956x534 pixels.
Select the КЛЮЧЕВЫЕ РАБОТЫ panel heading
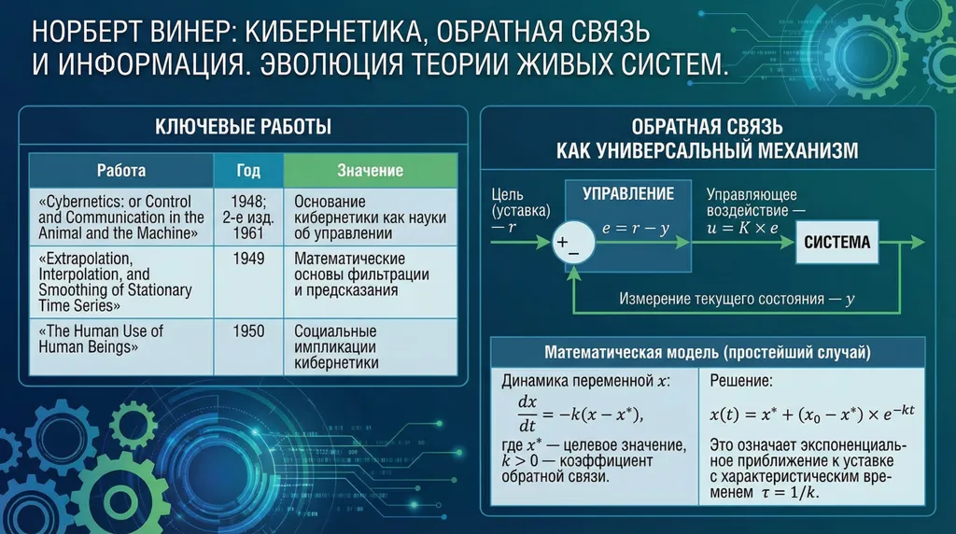pos(242,128)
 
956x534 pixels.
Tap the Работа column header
pos(121,171)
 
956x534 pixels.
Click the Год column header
pos(247,171)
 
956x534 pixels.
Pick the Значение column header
pos(370,171)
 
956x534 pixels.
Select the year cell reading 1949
pos(247,259)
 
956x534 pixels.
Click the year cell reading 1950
pos(247,331)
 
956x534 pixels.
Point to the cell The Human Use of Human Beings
pos(101,339)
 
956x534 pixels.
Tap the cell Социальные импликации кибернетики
pos(336,347)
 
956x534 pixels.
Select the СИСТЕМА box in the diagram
pos(837,242)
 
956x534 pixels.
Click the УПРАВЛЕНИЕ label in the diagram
pos(628,194)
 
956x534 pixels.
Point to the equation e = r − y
pos(636,229)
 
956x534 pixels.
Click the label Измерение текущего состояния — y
pos(738,300)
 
